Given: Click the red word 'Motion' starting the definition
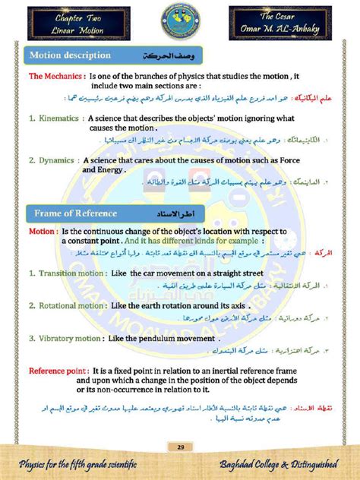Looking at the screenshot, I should (41, 231).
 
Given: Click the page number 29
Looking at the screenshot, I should (181, 446).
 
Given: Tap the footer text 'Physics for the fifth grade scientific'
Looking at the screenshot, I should (77, 464).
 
